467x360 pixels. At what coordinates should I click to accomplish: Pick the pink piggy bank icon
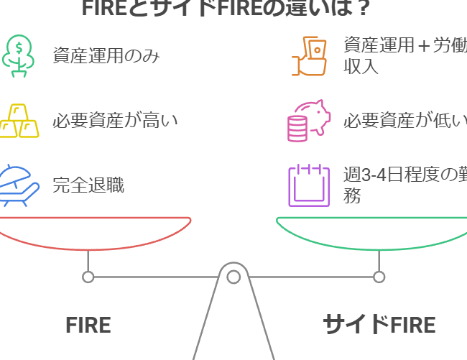308,121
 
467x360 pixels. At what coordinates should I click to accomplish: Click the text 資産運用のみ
106,55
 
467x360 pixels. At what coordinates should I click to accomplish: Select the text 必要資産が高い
115,121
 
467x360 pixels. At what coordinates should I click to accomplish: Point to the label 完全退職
88,185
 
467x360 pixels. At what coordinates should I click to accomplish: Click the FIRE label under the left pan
88,325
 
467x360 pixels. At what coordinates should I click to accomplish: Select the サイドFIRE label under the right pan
379,325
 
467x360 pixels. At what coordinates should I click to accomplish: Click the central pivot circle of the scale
233,277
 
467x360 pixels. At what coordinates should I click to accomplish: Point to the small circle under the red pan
88,277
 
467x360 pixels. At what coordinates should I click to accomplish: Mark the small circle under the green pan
379,277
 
